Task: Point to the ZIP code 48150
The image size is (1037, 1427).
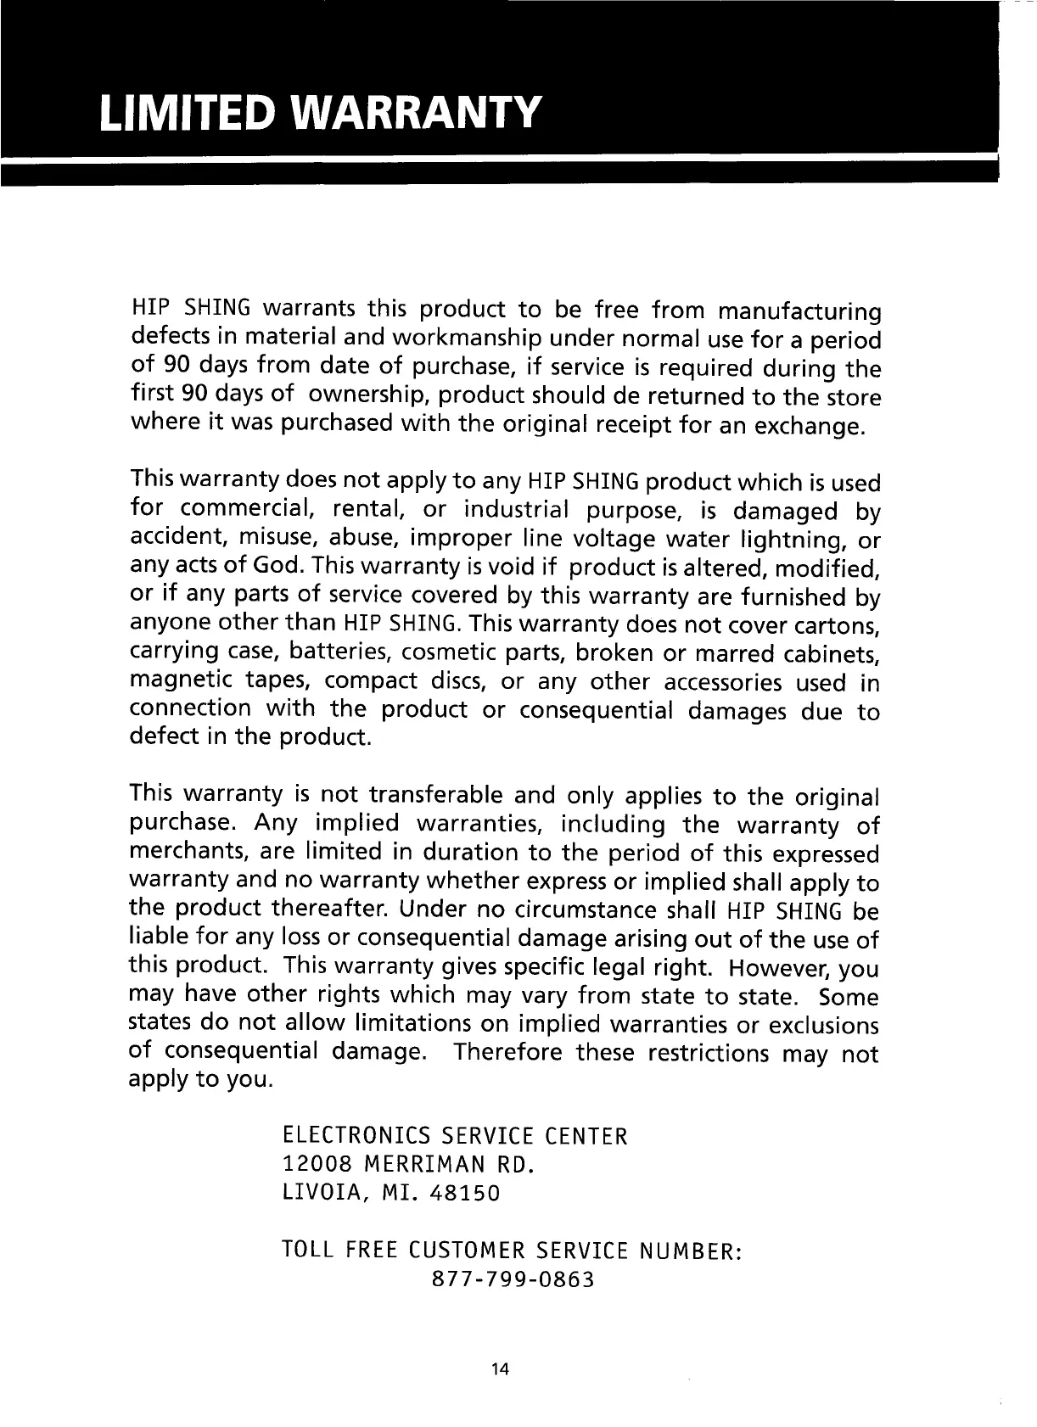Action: pos(466,1194)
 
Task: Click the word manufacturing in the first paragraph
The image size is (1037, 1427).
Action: pos(799,311)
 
